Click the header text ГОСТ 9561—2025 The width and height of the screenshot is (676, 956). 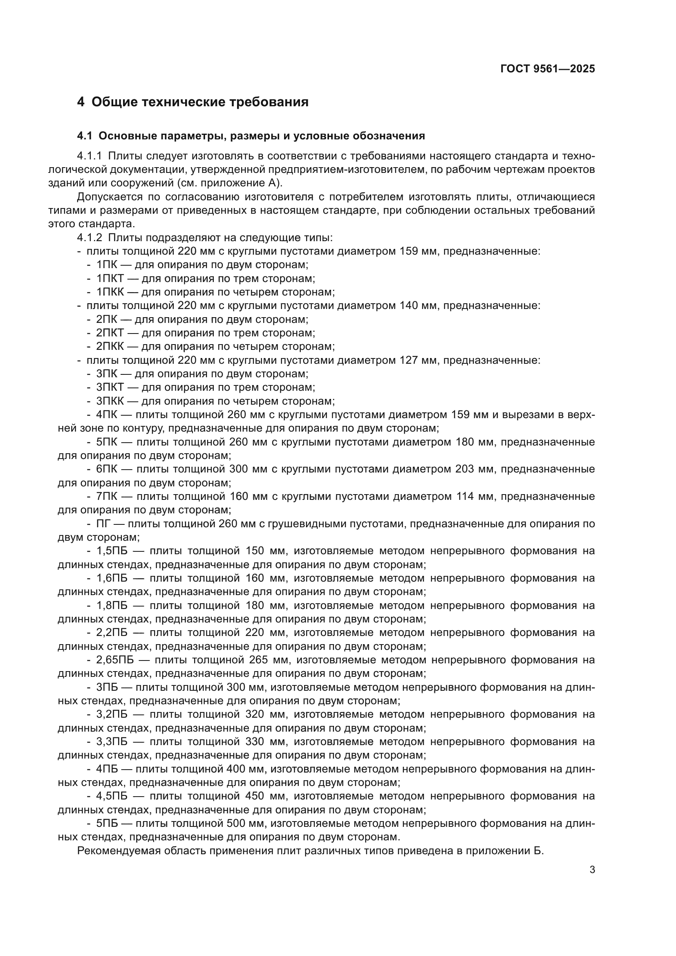(x=547, y=69)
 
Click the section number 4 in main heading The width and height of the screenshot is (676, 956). (x=81, y=102)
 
